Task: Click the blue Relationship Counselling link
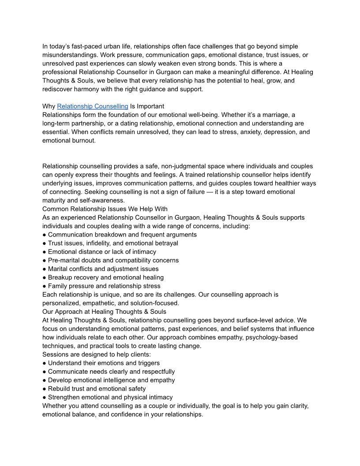[93, 106]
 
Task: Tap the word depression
[278, 132]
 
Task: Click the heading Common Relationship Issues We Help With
[105, 209]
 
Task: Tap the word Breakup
[60, 278]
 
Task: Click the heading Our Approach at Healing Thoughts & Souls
[104, 312]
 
